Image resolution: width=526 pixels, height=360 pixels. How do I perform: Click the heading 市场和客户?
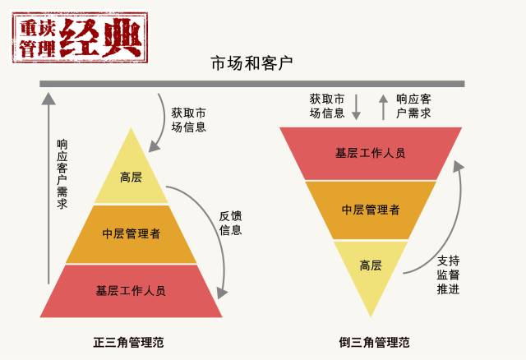(x=251, y=62)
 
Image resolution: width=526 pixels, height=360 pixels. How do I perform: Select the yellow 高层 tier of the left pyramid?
(x=131, y=177)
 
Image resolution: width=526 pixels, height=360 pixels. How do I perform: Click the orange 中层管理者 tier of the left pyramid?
(x=131, y=233)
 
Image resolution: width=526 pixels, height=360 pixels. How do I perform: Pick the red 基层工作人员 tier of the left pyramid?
(x=131, y=290)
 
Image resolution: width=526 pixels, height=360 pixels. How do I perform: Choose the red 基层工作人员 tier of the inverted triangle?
(x=370, y=153)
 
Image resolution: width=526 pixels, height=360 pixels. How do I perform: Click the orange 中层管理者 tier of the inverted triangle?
(x=370, y=209)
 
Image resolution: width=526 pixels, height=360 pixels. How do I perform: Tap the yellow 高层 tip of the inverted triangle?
(x=370, y=265)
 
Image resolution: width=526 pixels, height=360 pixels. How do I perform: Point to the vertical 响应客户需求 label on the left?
(x=62, y=173)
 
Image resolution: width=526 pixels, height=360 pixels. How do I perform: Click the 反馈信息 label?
(x=230, y=223)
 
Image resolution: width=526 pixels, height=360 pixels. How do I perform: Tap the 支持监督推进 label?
(x=448, y=273)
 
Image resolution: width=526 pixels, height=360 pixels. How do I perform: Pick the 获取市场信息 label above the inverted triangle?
(x=327, y=105)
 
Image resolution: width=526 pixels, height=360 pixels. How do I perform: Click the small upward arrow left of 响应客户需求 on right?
(x=382, y=107)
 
